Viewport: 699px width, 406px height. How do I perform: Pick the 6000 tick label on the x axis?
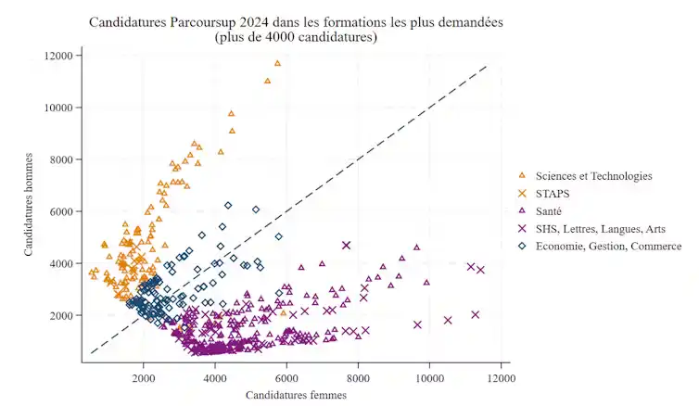286,379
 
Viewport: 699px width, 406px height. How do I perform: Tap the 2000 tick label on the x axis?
144,379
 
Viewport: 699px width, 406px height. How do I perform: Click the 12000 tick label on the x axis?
502,379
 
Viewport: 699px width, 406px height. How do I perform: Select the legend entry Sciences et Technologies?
592,176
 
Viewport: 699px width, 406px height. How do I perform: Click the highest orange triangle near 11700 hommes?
277,63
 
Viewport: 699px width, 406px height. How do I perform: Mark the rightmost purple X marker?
480,270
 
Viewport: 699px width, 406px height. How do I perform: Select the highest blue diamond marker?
228,205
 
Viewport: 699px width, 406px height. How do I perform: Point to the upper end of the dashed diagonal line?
487,66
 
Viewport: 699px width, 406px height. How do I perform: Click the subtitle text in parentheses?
296,37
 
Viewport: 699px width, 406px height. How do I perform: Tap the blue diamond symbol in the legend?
522,246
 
